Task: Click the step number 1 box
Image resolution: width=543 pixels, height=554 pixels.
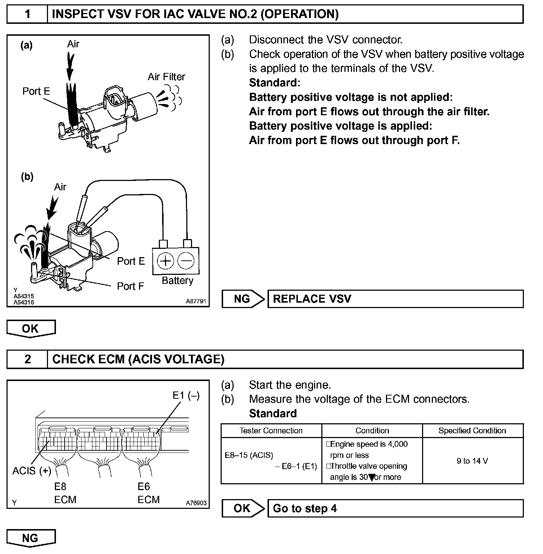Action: [x=27, y=14]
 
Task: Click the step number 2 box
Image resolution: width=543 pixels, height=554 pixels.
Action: [x=27, y=359]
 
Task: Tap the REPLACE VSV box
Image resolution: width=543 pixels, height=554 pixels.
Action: [x=395, y=299]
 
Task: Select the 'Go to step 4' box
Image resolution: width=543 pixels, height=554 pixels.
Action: [x=395, y=508]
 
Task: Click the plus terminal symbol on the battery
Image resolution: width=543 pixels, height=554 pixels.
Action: [x=166, y=261]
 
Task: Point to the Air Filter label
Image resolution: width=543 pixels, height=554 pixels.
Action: [x=166, y=77]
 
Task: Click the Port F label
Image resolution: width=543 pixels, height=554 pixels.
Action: [x=130, y=286]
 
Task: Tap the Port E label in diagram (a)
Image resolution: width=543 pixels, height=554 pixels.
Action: [x=36, y=91]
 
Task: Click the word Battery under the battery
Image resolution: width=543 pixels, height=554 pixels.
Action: [x=177, y=281]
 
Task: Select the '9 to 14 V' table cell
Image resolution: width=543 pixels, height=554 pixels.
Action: [x=472, y=461]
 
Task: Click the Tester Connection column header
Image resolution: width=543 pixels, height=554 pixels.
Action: [x=271, y=430]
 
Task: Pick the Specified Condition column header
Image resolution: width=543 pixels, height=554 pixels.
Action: [x=472, y=430]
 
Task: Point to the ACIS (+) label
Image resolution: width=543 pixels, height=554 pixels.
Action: [x=32, y=471]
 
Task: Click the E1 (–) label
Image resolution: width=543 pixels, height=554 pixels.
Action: [x=186, y=395]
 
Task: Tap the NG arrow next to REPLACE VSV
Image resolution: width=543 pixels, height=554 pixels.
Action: [x=243, y=299]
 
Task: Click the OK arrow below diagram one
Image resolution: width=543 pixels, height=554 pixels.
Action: [x=31, y=328]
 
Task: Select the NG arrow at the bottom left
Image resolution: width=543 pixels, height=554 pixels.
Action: [x=31, y=538]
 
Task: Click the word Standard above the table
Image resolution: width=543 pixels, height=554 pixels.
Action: [x=273, y=414]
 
